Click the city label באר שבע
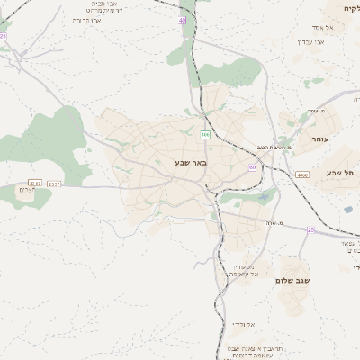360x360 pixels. pos(191,163)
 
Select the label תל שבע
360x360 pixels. pos(341,172)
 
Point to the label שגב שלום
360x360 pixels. pos(293,281)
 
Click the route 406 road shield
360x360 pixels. pos(205,135)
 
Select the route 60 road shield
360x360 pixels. pos(253,167)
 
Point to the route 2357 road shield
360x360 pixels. pos(55,183)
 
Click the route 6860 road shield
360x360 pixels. pos(302,175)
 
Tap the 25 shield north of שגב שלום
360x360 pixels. pos(310,230)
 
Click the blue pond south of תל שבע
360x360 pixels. pos(348,210)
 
